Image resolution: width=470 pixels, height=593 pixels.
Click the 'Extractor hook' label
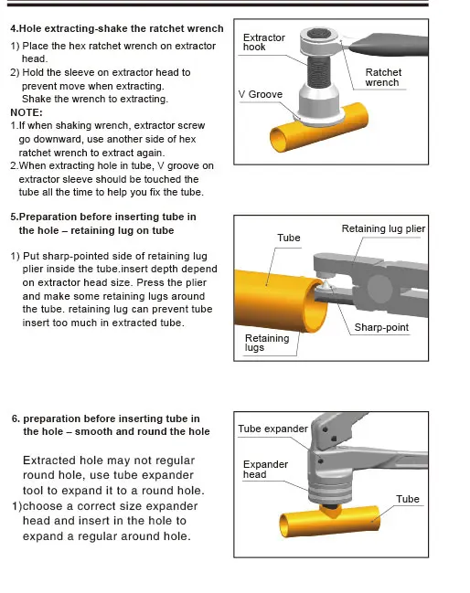(x=263, y=42)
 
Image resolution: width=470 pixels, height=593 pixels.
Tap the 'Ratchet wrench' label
(x=383, y=77)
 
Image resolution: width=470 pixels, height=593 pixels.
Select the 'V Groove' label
(x=261, y=94)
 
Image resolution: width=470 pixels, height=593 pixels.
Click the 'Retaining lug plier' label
(x=383, y=228)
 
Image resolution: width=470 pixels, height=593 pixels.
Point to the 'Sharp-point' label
(x=381, y=327)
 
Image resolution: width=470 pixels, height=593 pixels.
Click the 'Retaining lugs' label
(x=267, y=343)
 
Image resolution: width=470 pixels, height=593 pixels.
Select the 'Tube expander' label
(x=272, y=429)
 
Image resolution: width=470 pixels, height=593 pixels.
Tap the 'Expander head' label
(x=265, y=469)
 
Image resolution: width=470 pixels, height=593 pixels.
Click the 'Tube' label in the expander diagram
(x=408, y=499)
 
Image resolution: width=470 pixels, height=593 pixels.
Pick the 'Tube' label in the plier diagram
(x=289, y=238)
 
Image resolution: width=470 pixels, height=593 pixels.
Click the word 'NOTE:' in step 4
(x=27, y=112)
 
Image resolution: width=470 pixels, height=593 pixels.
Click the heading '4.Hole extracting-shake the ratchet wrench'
(x=117, y=28)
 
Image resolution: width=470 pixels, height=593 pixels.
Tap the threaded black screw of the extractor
(x=317, y=71)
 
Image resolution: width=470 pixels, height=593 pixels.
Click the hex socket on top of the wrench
(x=317, y=35)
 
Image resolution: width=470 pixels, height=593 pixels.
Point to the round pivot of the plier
(x=379, y=289)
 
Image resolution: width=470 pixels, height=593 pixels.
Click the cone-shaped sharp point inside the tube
(x=325, y=285)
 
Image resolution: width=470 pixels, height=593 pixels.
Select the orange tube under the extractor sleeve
(x=318, y=129)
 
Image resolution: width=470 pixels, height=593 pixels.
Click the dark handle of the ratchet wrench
(x=388, y=44)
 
